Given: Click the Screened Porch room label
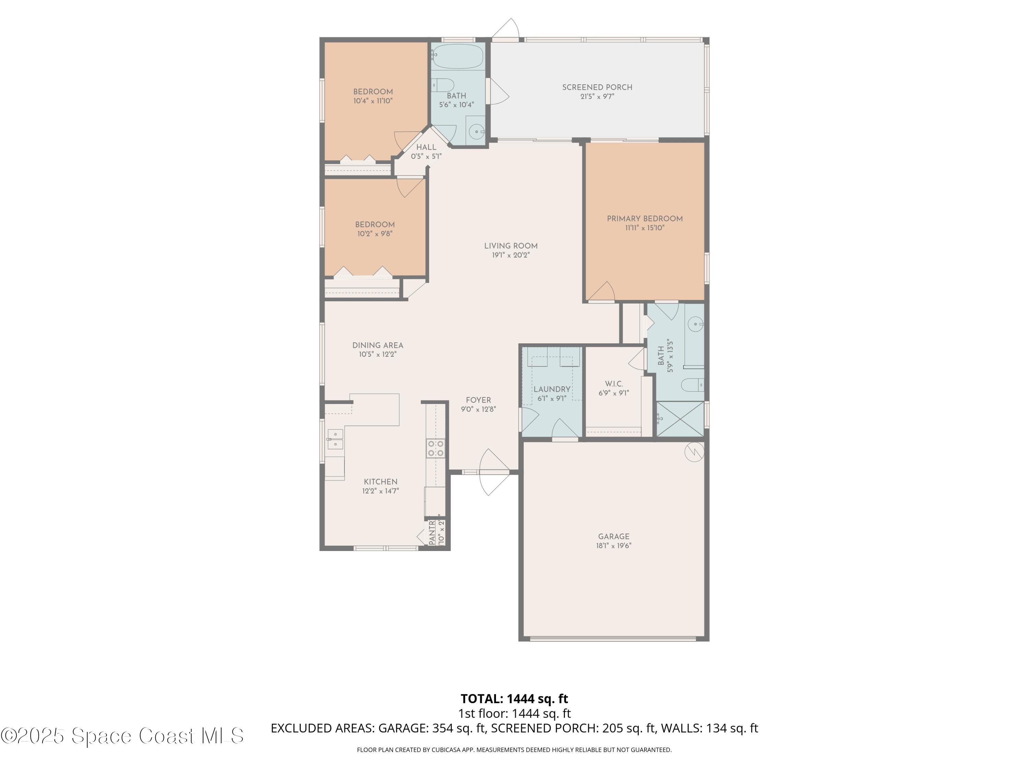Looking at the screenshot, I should tap(597, 87).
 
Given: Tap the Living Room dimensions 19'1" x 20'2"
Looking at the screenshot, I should tap(511, 255).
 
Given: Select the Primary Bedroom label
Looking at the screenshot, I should tap(644, 219).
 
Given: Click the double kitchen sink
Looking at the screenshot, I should tap(335, 439).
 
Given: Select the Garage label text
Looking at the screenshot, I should tap(614, 536).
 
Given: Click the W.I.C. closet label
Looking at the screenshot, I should tap(614, 384).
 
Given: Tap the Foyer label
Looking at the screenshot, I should tap(478, 400).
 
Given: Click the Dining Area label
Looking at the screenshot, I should tap(377, 345).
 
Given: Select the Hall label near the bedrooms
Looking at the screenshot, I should tap(426, 147).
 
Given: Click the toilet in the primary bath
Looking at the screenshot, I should tap(692, 385).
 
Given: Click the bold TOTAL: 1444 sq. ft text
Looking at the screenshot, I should tap(514, 698).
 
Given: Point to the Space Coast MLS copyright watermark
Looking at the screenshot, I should tap(122, 736).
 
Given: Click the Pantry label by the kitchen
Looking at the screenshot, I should tap(432, 532).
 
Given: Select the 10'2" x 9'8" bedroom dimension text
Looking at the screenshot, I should tap(375, 234).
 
